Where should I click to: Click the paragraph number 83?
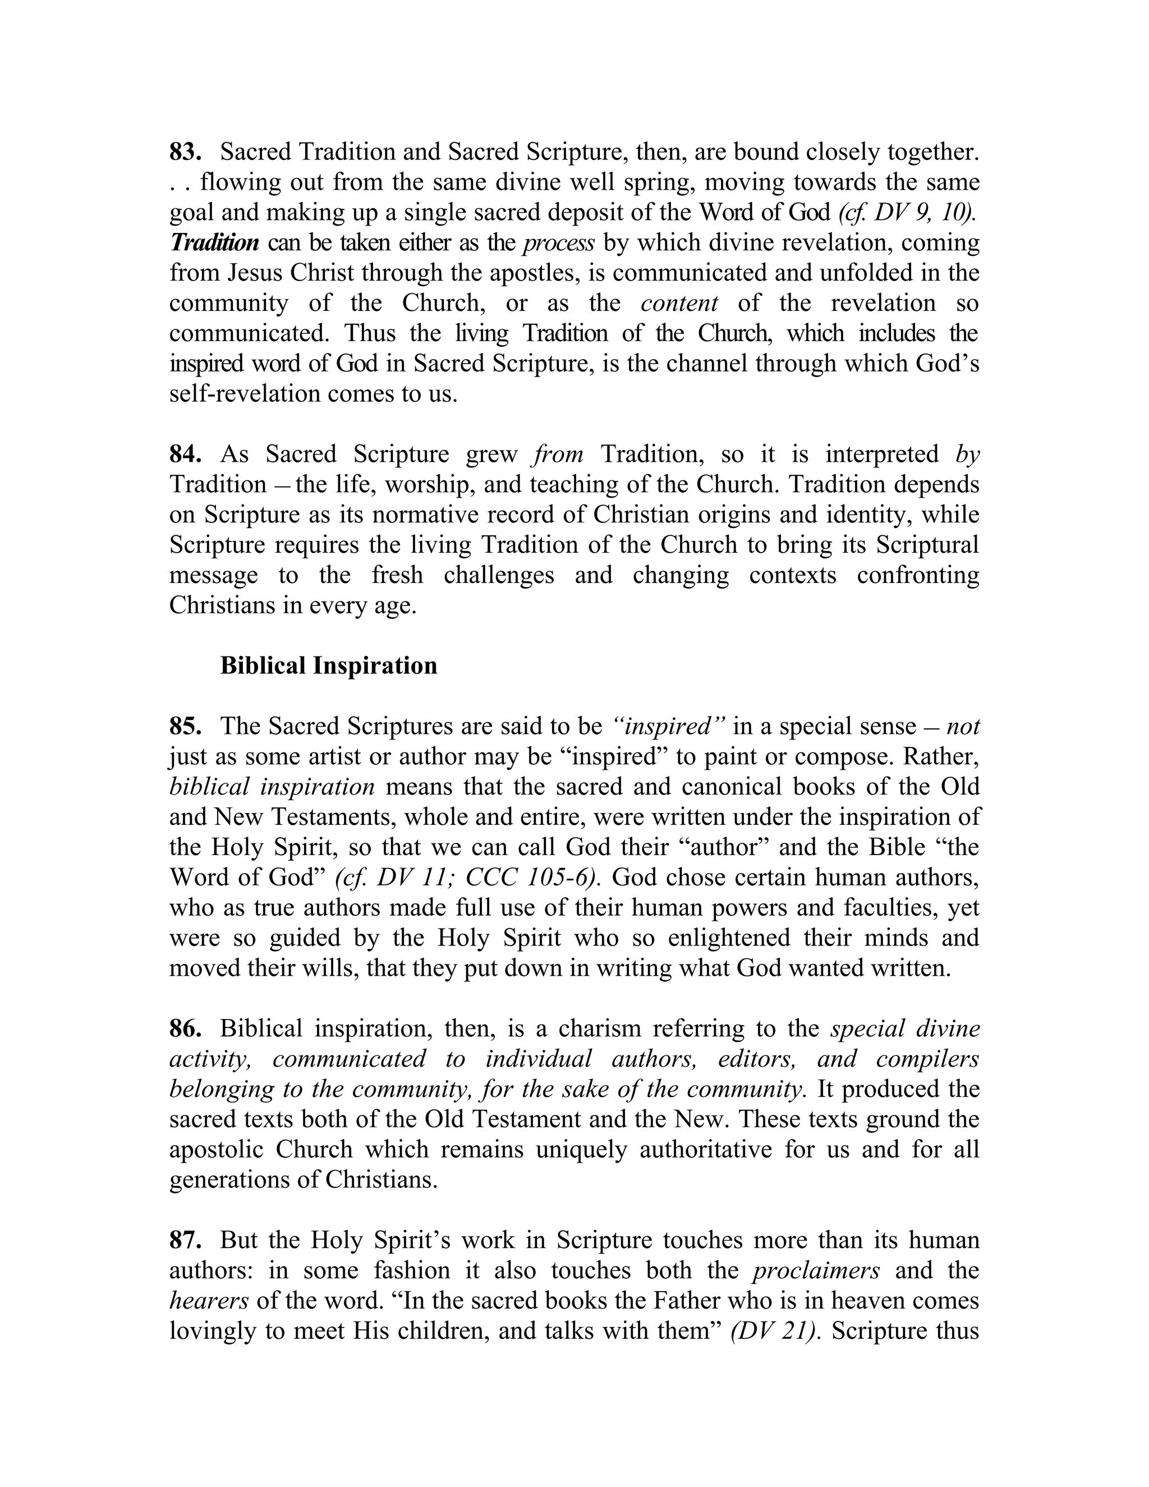pos(185,152)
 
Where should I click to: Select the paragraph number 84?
pos(185,454)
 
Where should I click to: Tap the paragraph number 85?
pos(185,727)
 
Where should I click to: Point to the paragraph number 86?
pos(185,1029)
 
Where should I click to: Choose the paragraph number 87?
pos(185,1240)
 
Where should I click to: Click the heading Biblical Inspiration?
pos(329,665)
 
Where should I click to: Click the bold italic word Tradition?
pos(214,243)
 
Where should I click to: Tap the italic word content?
pos(679,304)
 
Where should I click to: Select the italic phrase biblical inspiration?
pos(272,787)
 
